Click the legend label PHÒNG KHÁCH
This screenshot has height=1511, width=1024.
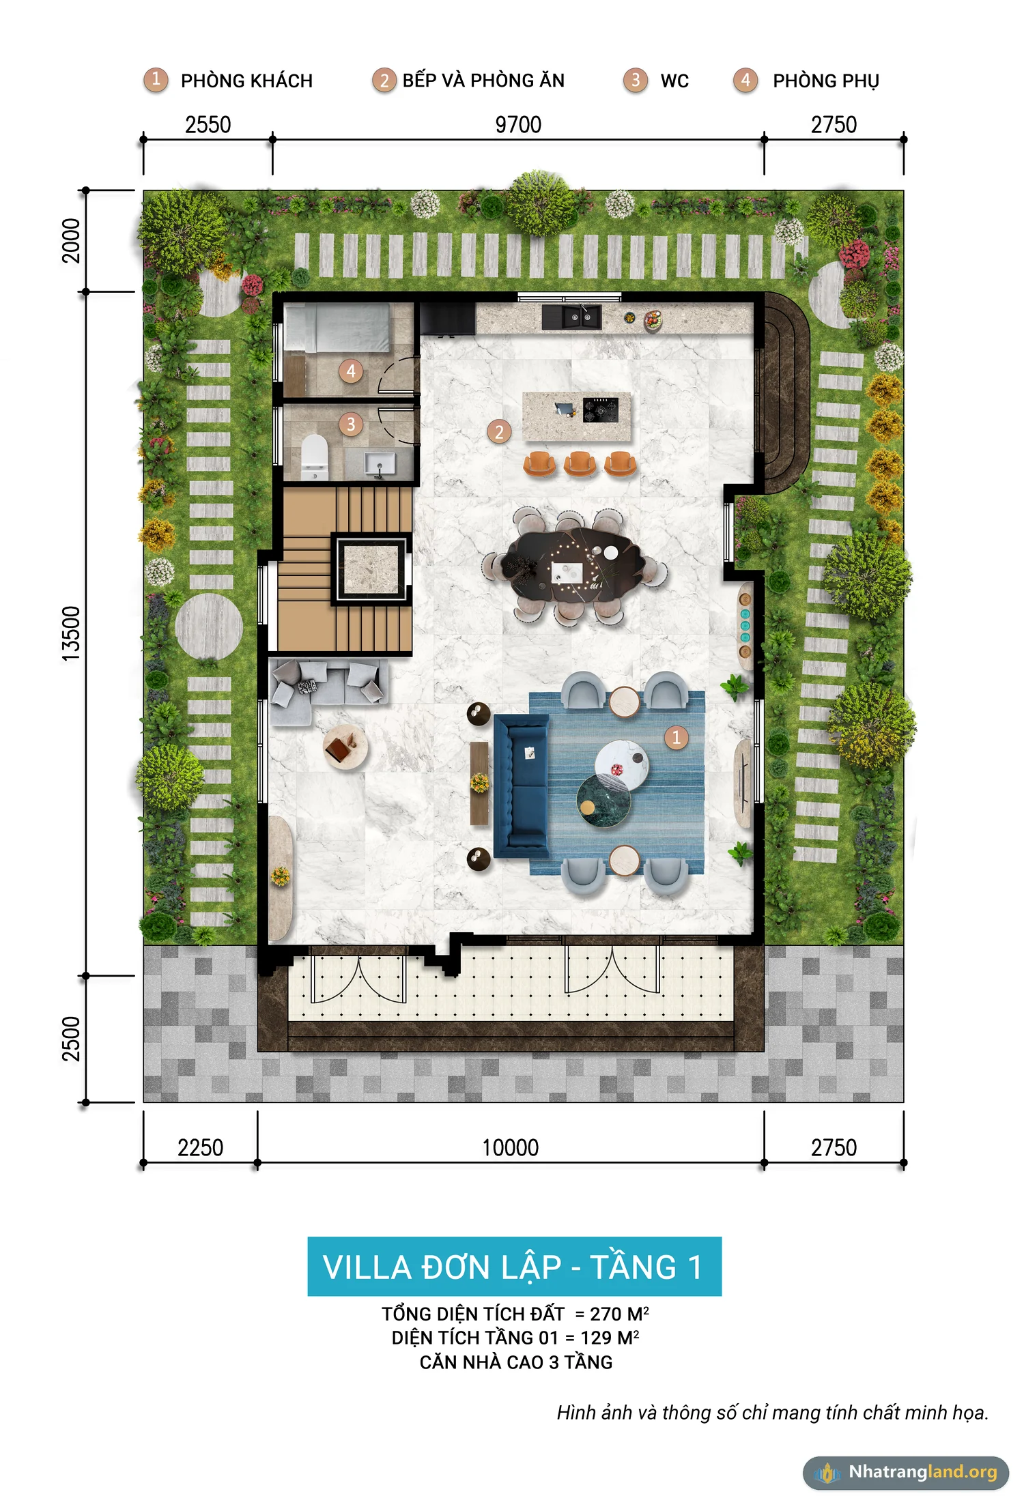tap(246, 81)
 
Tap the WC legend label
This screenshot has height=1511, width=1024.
tap(674, 81)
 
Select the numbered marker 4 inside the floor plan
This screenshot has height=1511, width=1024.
tap(351, 371)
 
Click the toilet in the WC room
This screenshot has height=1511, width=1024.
tap(315, 456)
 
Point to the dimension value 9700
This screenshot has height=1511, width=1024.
tap(518, 125)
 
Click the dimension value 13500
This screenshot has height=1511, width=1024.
tap(71, 633)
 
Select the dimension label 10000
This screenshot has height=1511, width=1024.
tap(510, 1147)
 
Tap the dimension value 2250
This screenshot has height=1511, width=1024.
tap(200, 1147)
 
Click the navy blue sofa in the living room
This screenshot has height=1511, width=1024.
tap(521, 786)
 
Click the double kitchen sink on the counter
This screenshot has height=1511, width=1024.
tap(571, 317)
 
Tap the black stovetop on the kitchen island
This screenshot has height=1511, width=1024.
tap(600, 409)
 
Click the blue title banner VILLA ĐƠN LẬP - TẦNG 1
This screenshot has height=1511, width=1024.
tap(514, 1266)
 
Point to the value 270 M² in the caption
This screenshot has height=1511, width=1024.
tap(619, 1314)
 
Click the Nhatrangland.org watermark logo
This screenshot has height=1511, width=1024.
tap(906, 1472)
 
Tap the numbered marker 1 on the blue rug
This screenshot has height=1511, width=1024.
tap(676, 737)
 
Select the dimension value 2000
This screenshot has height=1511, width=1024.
tap(71, 240)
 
